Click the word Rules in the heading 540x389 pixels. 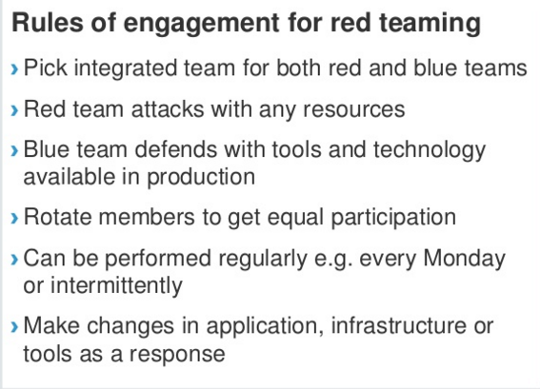click(x=48, y=23)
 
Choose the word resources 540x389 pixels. click(x=353, y=110)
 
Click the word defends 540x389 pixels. click(x=175, y=150)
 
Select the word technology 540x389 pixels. click(x=430, y=151)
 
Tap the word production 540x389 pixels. click(x=201, y=178)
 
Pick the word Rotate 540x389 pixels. click(x=57, y=218)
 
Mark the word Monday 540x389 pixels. click(x=464, y=260)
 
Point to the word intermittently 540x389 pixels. click(x=116, y=286)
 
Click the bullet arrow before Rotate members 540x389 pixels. click(x=14, y=219)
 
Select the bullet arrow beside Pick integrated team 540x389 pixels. click(x=14, y=68)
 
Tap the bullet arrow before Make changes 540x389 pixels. click(x=14, y=327)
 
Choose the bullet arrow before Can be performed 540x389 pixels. click(x=14, y=260)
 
